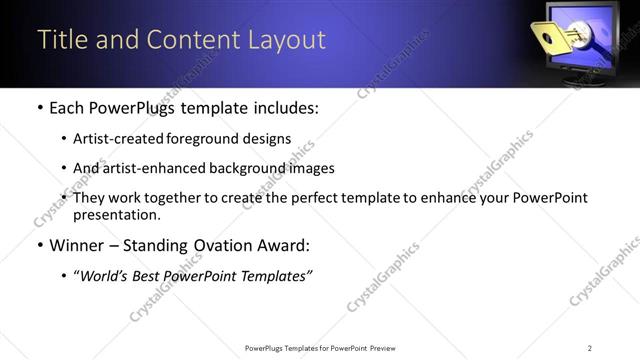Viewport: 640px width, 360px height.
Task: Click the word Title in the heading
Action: click(x=59, y=39)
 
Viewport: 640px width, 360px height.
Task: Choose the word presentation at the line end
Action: click(x=116, y=215)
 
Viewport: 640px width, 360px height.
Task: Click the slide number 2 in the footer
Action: click(x=589, y=348)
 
